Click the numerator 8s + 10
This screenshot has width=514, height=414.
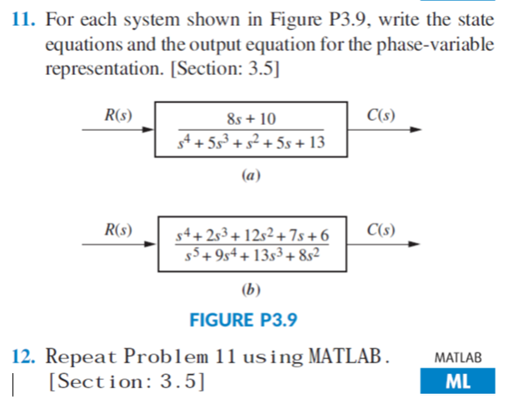[x=251, y=121]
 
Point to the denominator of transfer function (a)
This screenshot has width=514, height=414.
[x=251, y=145]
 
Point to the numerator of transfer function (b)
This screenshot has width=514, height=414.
[x=252, y=236]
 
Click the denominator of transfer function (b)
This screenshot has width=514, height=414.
[x=252, y=256]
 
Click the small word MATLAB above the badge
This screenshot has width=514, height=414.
[x=458, y=358]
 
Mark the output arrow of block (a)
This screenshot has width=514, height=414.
[x=408, y=130]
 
